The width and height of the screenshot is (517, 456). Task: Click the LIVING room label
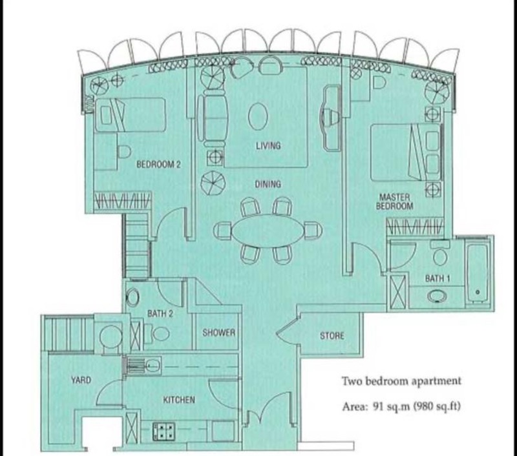(268, 145)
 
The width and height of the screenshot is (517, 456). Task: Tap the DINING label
(268, 185)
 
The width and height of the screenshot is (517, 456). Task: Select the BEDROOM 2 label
(158, 165)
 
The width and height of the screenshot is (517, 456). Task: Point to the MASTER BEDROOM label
(396, 201)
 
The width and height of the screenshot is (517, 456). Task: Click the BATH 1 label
(438, 278)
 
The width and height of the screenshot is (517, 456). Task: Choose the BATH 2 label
(160, 314)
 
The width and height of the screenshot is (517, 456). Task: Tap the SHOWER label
(218, 333)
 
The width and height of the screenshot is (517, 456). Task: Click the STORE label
(332, 336)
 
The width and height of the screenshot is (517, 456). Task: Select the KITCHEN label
(178, 400)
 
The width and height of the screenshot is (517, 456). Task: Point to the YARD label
(81, 380)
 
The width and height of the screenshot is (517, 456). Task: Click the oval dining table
(268, 231)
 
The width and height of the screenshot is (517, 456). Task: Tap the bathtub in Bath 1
(478, 272)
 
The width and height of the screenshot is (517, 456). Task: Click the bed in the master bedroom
(404, 152)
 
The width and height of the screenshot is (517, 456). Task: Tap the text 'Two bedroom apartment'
(401, 381)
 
